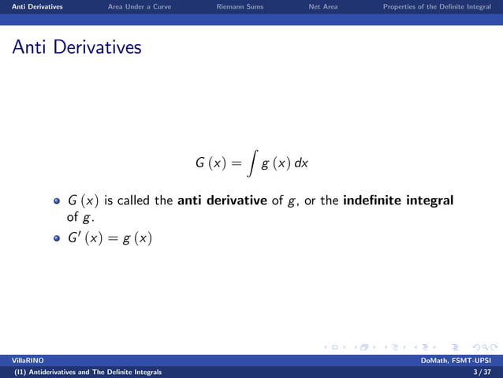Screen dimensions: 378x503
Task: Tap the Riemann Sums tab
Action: pyautogui.click(x=240, y=7)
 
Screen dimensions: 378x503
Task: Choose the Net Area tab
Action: pyautogui.click(x=323, y=7)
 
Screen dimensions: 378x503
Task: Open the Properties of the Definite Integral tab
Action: pyautogui.click(x=436, y=7)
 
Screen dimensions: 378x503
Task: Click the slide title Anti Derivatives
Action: pyautogui.click(x=76, y=47)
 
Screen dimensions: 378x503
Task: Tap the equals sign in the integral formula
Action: pyautogui.click(x=235, y=163)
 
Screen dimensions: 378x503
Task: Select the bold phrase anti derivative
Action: pyautogui.click(x=222, y=200)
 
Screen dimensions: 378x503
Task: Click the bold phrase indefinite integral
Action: pyautogui.click(x=398, y=200)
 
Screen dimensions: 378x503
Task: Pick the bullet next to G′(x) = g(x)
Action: pyautogui.click(x=56, y=238)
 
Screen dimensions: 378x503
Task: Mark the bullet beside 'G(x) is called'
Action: pyautogui.click(x=56, y=201)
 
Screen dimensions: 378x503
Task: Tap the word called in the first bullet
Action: pyautogui.click(x=134, y=200)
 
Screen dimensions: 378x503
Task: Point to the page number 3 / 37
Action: pyautogui.click(x=482, y=371)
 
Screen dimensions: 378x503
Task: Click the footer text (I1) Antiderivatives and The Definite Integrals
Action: pyautogui.click(x=83, y=371)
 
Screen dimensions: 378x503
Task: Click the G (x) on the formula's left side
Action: pyautogui.click(x=210, y=163)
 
